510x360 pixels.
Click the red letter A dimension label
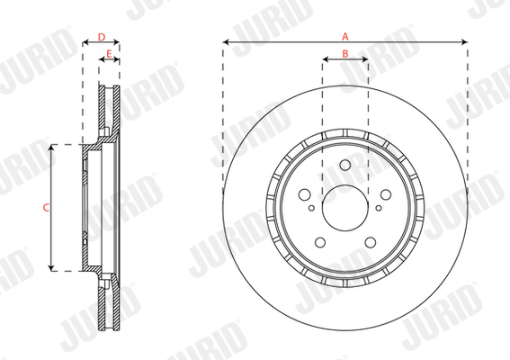344,35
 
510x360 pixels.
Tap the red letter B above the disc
345,55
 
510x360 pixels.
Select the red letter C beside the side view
46,208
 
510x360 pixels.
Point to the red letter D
102,37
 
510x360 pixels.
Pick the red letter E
109,55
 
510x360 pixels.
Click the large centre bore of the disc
344,208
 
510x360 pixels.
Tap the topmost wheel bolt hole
344,168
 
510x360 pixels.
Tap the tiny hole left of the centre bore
312,208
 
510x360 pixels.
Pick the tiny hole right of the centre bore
378,208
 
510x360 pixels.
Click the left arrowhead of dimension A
225,42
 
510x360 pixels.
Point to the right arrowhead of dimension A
464,42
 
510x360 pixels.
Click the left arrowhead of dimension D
85,44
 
